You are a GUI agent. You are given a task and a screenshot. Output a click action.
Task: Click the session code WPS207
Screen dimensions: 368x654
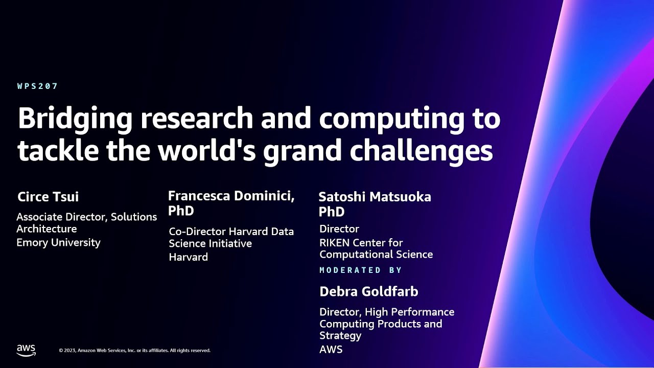click(x=38, y=86)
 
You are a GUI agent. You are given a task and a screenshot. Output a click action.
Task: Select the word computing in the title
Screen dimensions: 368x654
click(x=390, y=119)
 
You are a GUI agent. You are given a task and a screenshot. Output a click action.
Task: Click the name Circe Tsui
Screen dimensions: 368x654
click(x=48, y=197)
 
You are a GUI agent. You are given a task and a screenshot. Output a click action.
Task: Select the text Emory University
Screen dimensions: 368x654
click(x=58, y=242)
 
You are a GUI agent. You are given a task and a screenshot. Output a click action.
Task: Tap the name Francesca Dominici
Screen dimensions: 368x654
click(x=231, y=196)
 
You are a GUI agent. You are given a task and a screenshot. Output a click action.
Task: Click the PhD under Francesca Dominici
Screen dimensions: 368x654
click(x=181, y=211)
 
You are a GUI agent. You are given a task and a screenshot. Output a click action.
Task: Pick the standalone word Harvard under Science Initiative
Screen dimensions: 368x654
click(x=188, y=257)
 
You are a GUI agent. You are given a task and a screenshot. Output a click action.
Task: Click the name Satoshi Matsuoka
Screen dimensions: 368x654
click(x=375, y=197)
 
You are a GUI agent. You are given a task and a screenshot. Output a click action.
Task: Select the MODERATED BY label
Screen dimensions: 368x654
click(x=361, y=270)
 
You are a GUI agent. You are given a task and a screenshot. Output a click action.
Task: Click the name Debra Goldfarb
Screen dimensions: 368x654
click(x=368, y=291)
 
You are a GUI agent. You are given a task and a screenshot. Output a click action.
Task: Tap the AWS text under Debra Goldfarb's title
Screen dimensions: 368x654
click(x=331, y=350)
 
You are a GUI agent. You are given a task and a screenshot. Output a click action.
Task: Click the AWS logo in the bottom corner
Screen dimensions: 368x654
click(x=26, y=350)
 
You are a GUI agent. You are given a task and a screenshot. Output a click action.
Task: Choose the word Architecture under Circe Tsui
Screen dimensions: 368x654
click(x=46, y=228)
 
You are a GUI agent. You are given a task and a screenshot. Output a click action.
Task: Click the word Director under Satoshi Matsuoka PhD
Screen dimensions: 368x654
click(x=339, y=228)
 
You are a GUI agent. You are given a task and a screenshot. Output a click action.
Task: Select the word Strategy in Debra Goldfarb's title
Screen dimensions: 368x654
click(x=340, y=335)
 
